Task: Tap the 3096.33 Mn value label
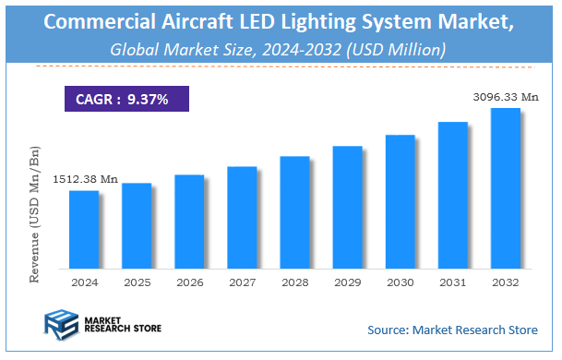504,95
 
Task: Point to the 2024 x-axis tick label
83,282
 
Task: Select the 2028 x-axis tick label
294,282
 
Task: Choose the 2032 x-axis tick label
505,282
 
